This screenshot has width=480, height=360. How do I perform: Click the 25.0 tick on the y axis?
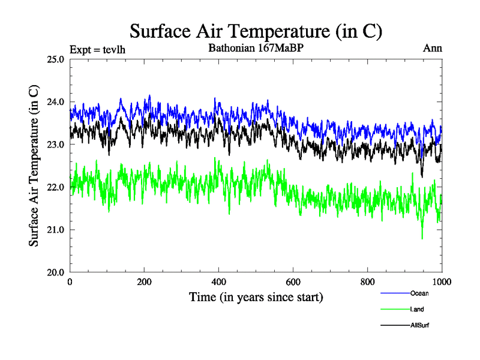point(55,59)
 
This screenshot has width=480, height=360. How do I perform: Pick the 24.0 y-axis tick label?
point(55,102)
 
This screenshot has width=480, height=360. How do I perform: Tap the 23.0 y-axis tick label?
point(55,145)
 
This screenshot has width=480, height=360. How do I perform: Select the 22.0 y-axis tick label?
point(55,187)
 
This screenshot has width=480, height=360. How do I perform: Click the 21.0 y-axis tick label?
point(55,230)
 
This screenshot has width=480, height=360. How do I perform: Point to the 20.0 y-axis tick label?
point(55,272)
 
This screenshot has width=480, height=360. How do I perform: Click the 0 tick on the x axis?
point(70,283)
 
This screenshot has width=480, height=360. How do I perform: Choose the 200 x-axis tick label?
point(145,283)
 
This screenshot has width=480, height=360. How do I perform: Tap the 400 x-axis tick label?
point(219,283)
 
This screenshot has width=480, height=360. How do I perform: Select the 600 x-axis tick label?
point(293,283)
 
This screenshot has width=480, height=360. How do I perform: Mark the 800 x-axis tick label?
point(368,283)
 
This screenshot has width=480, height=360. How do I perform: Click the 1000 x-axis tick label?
point(441,283)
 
